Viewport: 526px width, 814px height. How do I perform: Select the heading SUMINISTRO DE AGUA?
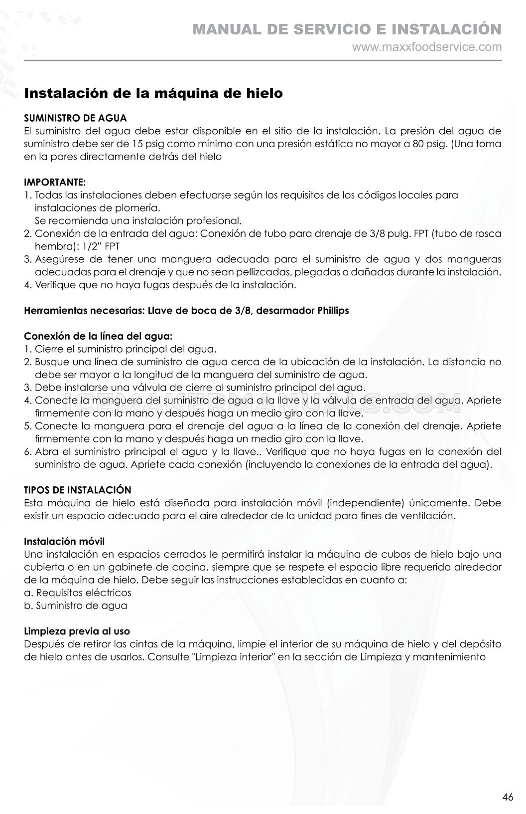75,118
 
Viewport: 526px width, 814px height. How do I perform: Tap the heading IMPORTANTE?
55,182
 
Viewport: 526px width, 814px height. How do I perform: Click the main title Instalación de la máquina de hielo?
153,93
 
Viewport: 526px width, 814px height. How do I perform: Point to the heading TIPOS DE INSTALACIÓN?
78,490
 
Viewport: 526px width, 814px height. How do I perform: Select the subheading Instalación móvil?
64,541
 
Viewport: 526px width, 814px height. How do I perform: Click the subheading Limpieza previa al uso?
77,631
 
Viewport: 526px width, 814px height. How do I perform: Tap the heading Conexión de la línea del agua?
98,336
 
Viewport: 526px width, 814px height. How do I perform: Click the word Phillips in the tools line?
333,310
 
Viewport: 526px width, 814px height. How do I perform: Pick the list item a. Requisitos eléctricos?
78,593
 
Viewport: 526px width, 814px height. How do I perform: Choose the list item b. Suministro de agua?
76,606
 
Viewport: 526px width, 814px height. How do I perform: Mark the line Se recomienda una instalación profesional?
138,220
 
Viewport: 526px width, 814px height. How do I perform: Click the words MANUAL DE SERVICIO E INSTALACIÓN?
347,29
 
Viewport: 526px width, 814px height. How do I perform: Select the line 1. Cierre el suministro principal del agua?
120,349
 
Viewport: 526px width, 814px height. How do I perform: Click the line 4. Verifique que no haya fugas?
160,285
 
